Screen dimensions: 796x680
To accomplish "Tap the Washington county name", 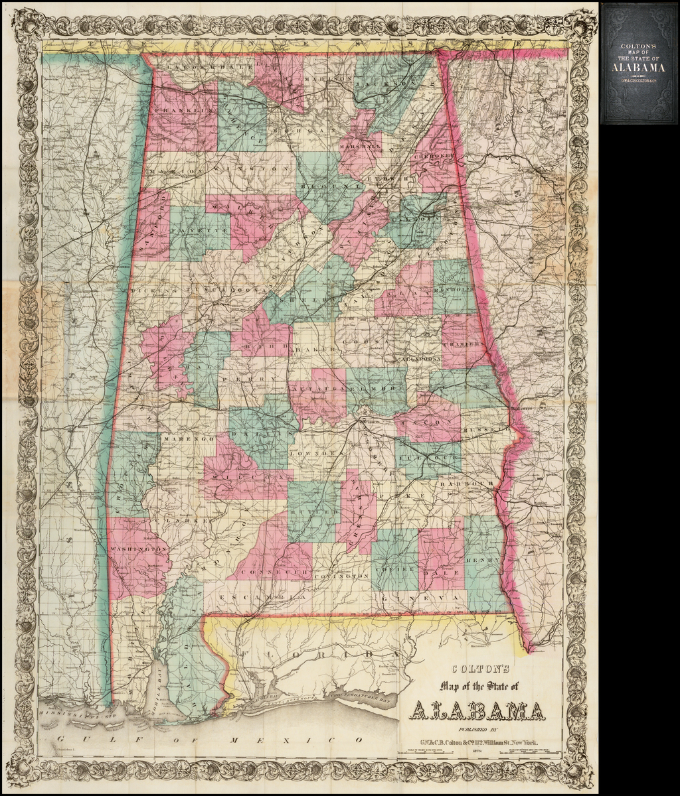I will pos(138,549).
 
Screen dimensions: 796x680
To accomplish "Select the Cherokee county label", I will pos(436,155).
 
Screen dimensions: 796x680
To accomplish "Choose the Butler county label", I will pos(312,513).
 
